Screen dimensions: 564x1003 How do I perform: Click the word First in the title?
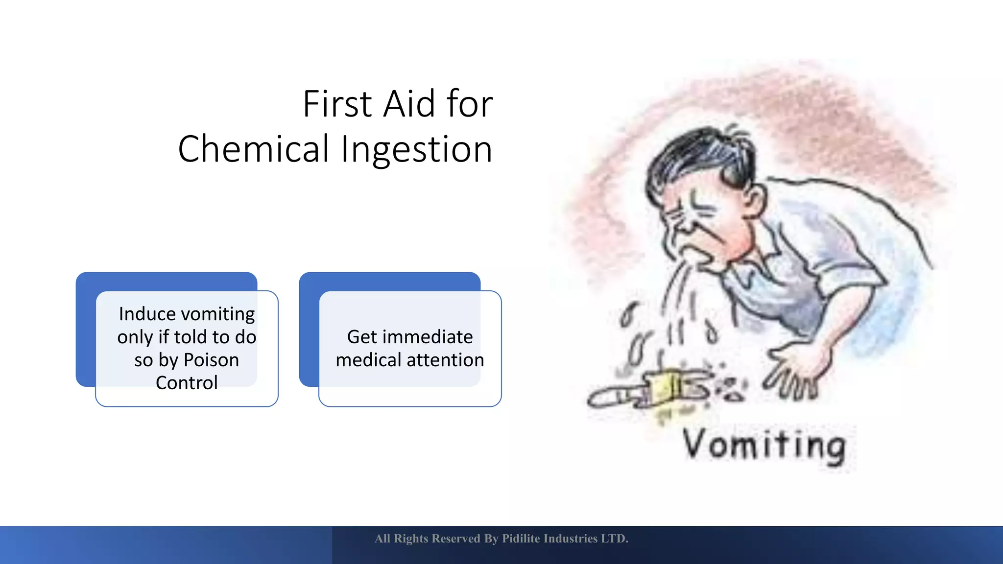[x=337, y=104]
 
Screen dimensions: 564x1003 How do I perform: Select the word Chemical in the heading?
[x=253, y=149]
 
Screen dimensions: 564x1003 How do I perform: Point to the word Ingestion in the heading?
[x=416, y=150]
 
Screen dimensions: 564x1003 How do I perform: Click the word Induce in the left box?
[x=147, y=314]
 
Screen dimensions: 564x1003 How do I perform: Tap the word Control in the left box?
[x=187, y=382]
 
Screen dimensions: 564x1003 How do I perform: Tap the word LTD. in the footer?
[x=615, y=539]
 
